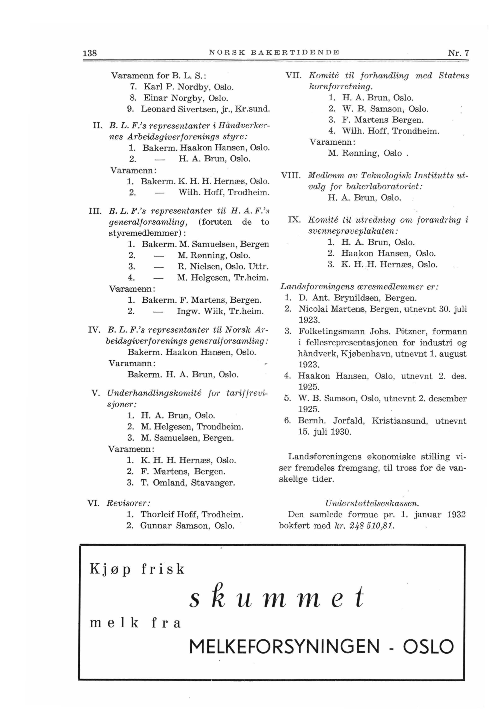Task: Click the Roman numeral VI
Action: pos(94,503)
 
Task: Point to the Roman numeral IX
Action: pos(294,220)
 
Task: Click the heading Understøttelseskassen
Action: pos(372,503)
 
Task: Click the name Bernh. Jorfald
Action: pos(332,421)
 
